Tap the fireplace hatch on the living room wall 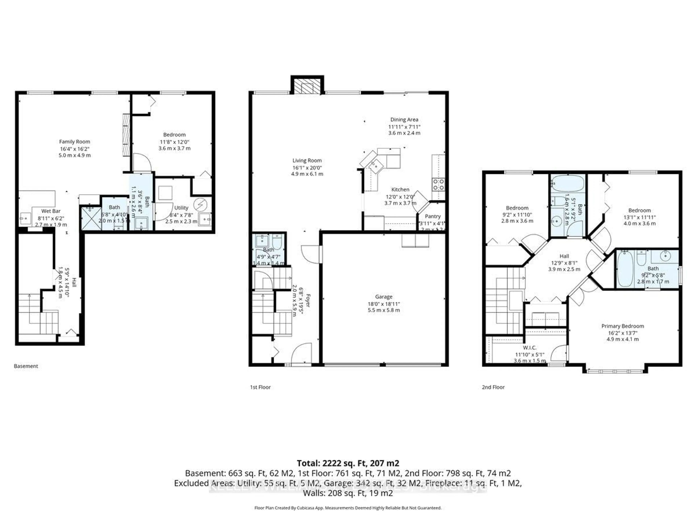tap(307, 86)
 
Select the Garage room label tap(384, 297)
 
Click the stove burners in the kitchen tap(438, 184)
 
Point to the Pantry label tap(433, 216)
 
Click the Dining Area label tap(404, 120)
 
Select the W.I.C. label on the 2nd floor tap(530, 348)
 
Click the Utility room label tap(181, 208)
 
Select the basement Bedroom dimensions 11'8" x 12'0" tap(174, 142)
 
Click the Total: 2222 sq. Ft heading tap(348, 463)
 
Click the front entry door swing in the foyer tap(301, 354)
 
